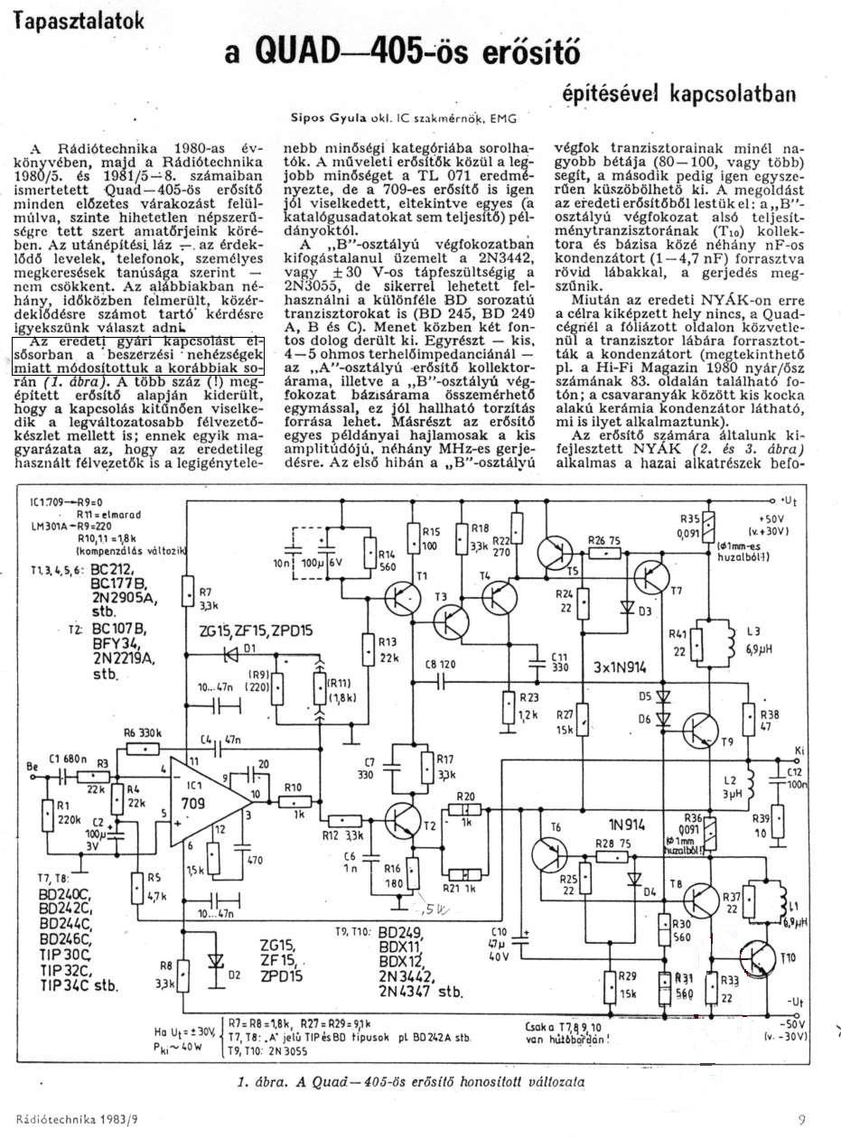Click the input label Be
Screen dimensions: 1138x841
pos(34,768)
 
